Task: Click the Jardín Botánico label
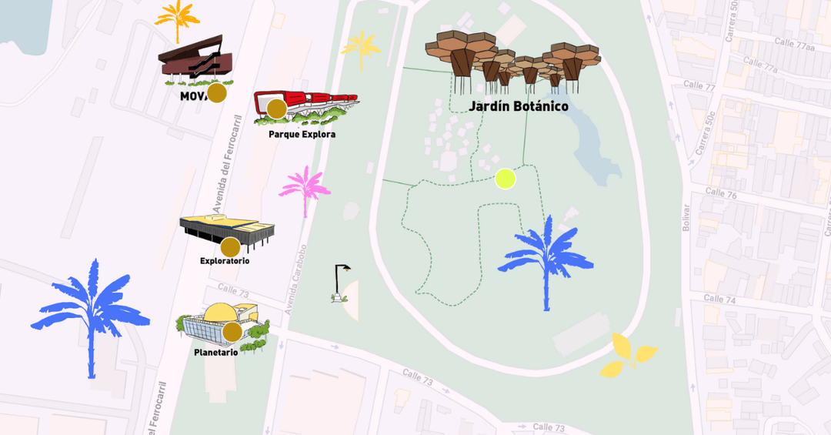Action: pos(519,106)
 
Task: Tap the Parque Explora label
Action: pos(302,134)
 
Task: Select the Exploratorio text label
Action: pos(225,261)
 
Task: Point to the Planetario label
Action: pos(215,352)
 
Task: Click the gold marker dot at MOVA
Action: pos(217,93)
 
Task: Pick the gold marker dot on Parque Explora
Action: pos(276,109)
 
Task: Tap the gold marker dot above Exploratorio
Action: pos(230,247)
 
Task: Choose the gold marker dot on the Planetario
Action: pos(232,332)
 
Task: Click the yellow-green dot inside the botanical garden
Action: pos(504,179)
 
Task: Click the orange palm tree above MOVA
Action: pos(178,19)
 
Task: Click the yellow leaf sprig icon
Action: pos(628,356)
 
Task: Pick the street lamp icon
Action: pos(341,283)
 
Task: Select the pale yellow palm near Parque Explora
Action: pos(361,49)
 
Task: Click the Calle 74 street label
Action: pos(719,299)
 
